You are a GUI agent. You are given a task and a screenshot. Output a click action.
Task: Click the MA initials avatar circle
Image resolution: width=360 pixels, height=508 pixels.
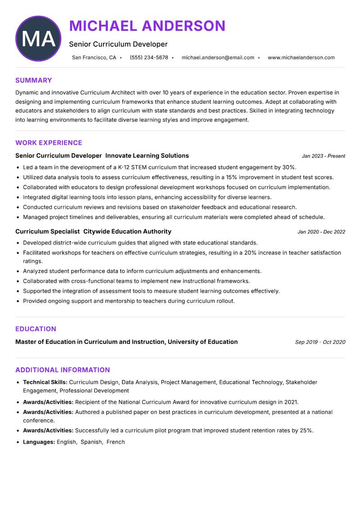click(38, 39)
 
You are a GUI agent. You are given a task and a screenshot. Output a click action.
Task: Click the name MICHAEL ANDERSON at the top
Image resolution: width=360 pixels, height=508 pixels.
click(147, 26)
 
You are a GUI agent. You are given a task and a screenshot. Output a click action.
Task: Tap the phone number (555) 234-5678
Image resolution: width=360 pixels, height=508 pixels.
click(148, 58)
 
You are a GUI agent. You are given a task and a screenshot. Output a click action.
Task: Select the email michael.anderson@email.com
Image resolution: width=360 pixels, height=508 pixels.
click(218, 58)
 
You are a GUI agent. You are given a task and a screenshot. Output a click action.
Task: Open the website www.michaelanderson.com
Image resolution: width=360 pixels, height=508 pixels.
click(301, 58)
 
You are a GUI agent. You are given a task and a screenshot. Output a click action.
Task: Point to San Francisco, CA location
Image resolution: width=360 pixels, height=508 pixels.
click(94, 58)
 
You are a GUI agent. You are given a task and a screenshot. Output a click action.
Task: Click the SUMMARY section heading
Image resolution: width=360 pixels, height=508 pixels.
click(34, 80)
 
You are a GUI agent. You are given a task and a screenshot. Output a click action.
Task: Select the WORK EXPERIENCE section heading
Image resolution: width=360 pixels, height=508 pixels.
click(49, 143)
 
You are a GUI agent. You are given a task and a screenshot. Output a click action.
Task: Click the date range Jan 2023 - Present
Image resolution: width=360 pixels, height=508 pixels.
click(323, 156)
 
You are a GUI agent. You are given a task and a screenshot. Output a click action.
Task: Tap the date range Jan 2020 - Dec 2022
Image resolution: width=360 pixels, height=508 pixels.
click(321, 232)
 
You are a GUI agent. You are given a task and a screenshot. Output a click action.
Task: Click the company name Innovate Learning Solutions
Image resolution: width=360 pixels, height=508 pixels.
click(147, 156)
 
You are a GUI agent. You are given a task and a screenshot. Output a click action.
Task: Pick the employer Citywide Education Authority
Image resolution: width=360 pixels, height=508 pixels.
click(127, 232)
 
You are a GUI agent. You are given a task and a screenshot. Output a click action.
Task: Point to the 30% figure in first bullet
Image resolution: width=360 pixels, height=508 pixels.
click(288, 167)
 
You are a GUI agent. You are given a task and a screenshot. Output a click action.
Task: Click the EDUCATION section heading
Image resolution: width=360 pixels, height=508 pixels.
click(36, 329)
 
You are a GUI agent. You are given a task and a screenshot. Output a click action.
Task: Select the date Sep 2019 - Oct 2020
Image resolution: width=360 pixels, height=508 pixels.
click(320, 342)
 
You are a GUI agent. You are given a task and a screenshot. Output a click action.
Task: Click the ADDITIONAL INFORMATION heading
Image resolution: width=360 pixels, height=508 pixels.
click(63, 370)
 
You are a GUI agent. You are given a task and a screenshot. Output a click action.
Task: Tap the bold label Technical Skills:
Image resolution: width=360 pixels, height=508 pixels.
click(45, 382)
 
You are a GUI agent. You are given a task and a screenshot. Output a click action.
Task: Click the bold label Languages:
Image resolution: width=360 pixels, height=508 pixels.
click(39, 442)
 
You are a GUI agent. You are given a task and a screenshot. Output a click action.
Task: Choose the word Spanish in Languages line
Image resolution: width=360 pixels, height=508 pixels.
click(91, 442)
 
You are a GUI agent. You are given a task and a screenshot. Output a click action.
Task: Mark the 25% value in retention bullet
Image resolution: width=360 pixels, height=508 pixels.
click(306, 430)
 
